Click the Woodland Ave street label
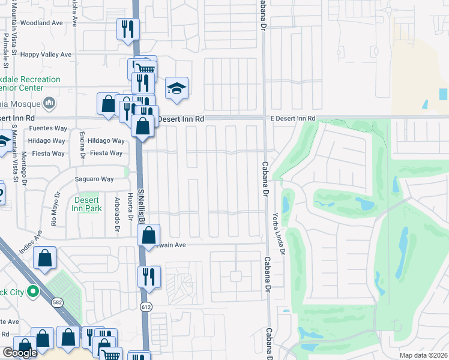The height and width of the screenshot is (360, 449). point(41,23)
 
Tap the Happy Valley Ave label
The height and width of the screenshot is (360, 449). point(46,55)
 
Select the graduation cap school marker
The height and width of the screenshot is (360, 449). point(176,88)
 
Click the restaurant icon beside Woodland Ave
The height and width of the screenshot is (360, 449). point(127,29)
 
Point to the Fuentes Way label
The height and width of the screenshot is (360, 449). point(47,128)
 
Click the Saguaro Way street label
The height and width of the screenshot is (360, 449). point(94,179)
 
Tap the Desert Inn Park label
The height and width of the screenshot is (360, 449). point(87,204)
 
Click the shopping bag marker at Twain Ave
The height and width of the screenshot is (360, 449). point(149,235)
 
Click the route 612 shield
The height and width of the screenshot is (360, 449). point(146,307)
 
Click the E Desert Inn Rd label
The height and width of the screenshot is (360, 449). point(292,119)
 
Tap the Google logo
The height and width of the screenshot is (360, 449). point(20,353)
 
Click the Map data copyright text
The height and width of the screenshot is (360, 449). point(426,355)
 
